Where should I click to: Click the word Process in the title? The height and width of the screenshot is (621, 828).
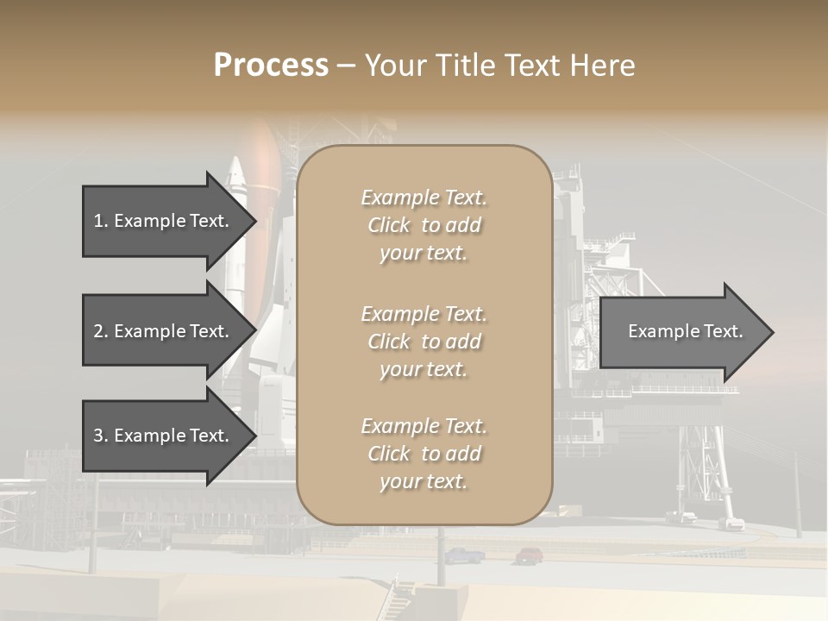pos(271,66)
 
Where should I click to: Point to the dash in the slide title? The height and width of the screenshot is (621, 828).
pos(346,66)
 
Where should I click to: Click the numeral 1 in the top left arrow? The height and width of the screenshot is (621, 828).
pos(98,221)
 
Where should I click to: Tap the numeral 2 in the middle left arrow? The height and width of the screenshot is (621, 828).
pos(98,331)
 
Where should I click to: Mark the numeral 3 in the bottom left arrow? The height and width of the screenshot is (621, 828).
pos(98,436)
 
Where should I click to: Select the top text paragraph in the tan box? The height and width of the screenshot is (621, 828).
pos(423,225)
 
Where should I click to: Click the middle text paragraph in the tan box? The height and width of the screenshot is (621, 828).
pos(423,342)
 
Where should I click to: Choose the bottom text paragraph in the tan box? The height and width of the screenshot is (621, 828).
pos(423,454)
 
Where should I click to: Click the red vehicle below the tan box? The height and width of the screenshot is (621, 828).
pos(529,555)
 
